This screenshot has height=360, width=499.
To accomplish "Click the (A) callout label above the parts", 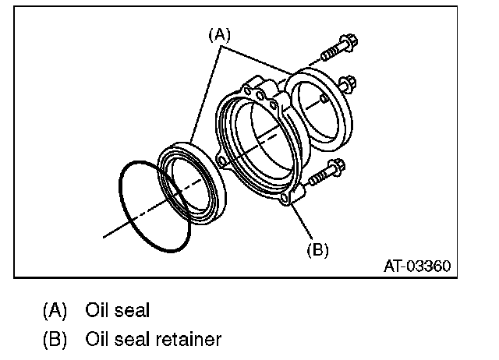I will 220,34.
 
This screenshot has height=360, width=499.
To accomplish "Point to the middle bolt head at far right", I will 348,81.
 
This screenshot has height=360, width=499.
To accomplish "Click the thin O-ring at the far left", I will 154,204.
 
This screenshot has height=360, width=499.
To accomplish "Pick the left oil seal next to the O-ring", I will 193,182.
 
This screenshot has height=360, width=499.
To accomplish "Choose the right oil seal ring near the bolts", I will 319,107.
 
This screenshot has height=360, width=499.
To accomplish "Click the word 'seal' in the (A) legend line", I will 131,311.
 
